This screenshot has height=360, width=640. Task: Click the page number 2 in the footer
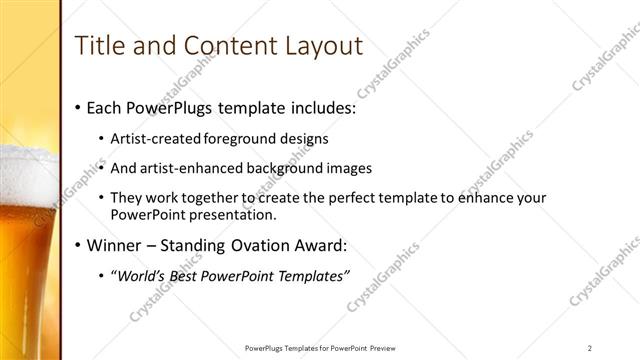[x=590, y=348]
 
